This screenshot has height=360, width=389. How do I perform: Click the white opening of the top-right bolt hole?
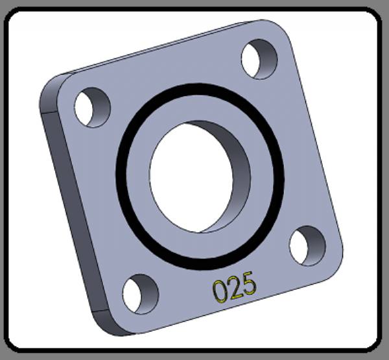pos(250,59)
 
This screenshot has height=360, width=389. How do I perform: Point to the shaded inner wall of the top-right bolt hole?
pos(267,60)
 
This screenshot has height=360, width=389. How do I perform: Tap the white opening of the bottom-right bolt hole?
pos(299,246)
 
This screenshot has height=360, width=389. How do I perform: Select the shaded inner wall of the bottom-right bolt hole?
pos(316,246)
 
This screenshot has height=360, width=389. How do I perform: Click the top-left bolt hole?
pos(92,108)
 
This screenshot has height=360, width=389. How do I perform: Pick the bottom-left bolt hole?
pos(141,294)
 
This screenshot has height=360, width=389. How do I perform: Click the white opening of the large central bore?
pos(191,178)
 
